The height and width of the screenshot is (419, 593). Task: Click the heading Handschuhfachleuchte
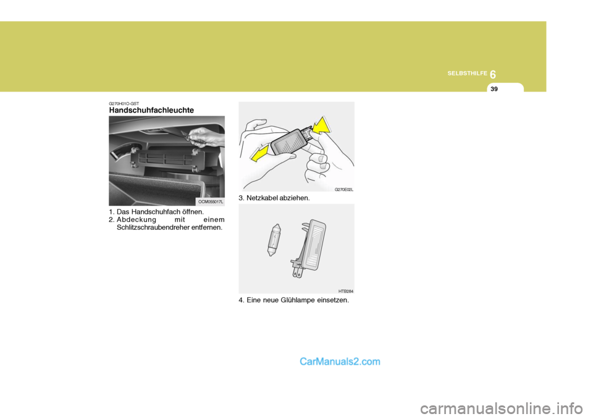151,110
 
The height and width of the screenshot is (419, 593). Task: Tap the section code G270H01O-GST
124,103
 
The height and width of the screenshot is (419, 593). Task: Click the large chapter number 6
493,74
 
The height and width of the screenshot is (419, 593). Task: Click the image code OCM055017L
211,201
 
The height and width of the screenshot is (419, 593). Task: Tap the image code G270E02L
343,189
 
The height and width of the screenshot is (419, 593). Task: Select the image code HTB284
345,290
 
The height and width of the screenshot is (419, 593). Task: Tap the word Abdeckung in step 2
137,219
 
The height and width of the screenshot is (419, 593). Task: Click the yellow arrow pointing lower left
261,151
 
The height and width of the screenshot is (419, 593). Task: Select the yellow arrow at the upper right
321,127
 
